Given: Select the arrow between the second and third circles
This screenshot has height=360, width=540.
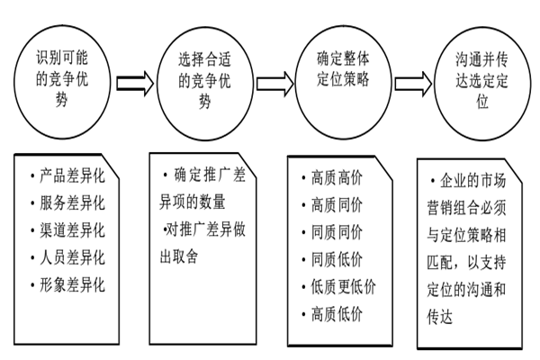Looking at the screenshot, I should pos(274,84).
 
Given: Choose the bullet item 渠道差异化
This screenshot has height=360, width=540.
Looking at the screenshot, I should pos(71,229).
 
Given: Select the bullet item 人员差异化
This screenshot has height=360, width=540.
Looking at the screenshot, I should pos(71,257).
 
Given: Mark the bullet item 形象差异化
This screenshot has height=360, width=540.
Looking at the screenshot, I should pos(71,285).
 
